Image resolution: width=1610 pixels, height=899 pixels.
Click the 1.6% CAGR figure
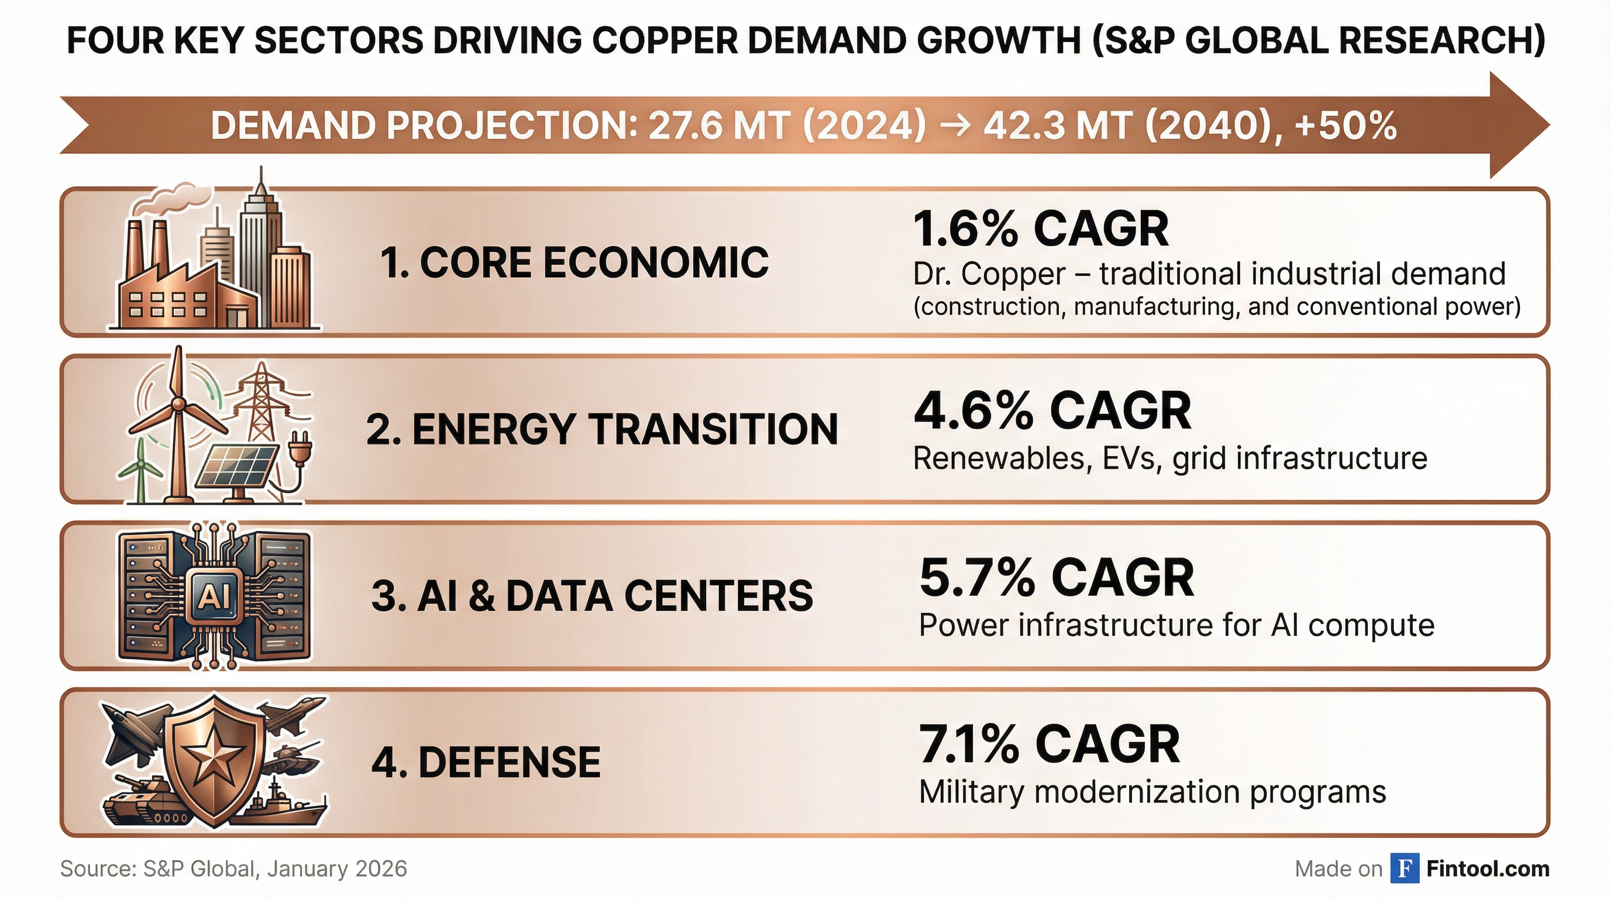click(1040, 229)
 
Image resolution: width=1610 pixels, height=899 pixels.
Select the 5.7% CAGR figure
click(1056, 578)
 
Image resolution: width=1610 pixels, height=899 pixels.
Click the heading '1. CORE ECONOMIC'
click(574, 262)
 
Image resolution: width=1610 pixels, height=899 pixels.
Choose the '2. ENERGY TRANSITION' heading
click(601, 430)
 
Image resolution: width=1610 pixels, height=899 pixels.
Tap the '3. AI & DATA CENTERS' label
click(592, 596)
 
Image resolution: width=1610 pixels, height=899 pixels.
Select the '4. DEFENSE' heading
click(486, 763)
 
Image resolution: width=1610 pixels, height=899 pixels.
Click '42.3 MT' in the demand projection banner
click(1056, 126)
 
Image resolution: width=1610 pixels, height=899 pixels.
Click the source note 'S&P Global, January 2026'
click(275, 869)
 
